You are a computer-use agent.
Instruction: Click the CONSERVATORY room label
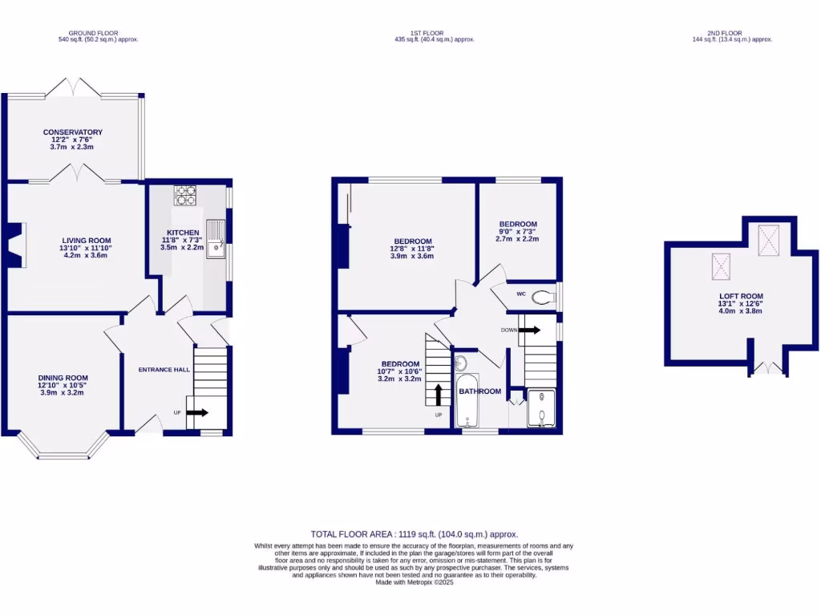pos(73,132)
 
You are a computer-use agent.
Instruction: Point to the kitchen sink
pos(215,240)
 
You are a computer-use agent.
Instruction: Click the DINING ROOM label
pos(63,378)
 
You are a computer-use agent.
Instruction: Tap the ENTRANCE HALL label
pos(164,369)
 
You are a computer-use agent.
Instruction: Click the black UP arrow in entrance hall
pos(197,413)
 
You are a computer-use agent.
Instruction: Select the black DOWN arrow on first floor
pos(529,329)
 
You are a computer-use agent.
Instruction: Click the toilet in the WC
pos(544,298)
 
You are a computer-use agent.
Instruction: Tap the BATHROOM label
pos(480,391)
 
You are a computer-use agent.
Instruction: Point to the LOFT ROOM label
pos(741,296)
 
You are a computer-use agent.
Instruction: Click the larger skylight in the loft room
pos(769,237)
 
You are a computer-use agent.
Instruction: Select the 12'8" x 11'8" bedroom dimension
pos(412,249)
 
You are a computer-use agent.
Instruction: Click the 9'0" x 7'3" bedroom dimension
pos(517,231)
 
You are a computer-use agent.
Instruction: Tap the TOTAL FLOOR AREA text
pos(414,533)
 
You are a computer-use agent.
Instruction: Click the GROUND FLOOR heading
pos(88,32)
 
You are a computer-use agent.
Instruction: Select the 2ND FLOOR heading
pos(730,32)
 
